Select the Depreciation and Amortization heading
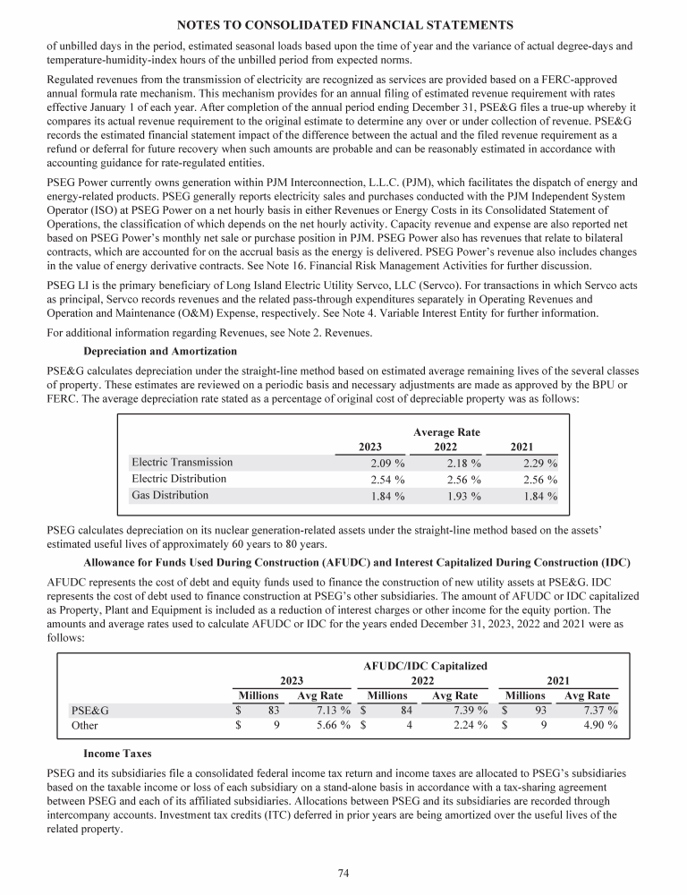click(x=160, y=352)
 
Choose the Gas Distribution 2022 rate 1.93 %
click(x=463, y=496)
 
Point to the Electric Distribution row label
click(x=179, y=479)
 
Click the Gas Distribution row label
click(x=170, y=495)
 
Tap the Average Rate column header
click(x=446, y=432)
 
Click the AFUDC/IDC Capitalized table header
click(x=426, y=666)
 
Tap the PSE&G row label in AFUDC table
click(x=89, y=711)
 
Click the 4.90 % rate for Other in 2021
click(x=598, y=726)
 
